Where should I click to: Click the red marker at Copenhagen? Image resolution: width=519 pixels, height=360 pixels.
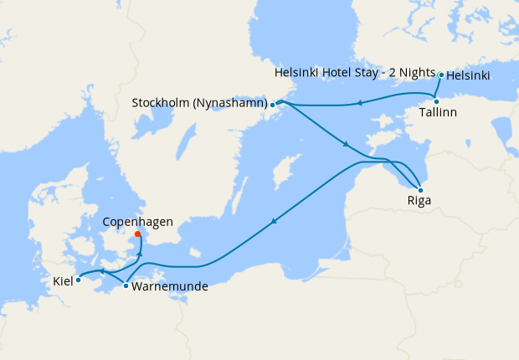(137, 234)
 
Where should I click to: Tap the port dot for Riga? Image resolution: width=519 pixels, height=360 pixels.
(420, 190)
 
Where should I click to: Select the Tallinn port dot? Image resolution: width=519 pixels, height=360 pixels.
(436, 101)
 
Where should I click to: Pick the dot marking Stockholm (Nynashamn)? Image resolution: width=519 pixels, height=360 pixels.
(273, 105)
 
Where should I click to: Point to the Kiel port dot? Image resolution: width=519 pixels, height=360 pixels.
(78, 280)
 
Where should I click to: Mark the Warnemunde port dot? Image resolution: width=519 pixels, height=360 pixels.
(126, 286)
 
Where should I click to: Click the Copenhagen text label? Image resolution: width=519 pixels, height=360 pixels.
(137, 222)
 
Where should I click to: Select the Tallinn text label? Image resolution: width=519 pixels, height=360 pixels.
(439, 112)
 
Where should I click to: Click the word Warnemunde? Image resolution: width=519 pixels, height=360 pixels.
(170, 286)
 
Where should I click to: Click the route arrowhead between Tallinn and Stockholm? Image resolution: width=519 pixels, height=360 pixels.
(358, 104)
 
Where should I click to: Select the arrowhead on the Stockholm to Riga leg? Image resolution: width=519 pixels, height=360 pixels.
(344, 145)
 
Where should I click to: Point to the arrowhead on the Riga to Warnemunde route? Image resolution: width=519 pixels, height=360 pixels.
(273, 222)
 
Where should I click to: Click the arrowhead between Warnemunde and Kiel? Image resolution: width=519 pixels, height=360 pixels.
(101, 271)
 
